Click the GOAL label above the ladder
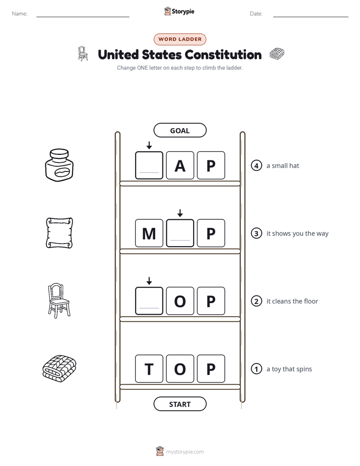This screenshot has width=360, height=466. (180, 131)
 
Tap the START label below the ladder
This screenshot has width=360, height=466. (180, 404)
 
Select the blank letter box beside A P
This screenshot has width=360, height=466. (149, 165)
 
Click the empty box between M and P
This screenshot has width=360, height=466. (180, 233)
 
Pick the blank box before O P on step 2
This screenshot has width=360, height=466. (149, 301)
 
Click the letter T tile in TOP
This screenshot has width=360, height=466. (149, 369)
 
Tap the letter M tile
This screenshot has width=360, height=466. (149, 233)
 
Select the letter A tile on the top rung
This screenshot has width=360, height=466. (180, 165)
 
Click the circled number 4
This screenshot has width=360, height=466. (256, 165)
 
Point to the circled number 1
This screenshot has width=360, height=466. (256, 369)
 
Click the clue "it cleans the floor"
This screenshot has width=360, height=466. (292, 301)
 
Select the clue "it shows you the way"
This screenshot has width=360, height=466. (297, 234)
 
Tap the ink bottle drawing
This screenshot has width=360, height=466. (59, 165)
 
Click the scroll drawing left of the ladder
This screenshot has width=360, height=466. (59, 233)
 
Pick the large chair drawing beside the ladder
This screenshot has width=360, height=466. (59, 301)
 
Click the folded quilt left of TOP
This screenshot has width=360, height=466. (59, 368)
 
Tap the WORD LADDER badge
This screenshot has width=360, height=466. (179, 39)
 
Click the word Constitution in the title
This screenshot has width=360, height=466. (223, 54)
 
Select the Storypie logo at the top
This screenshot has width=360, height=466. (179, 11)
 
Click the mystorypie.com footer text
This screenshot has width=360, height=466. (180, 451)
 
